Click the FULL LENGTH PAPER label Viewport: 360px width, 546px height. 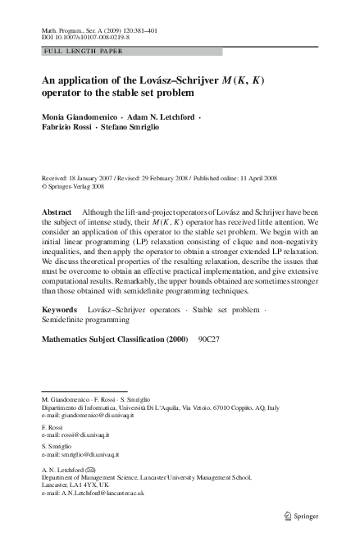click(x=76, y=52)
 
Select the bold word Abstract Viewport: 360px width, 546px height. click(x=58, y=212)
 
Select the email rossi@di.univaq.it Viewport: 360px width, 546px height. click(x=82, y=435)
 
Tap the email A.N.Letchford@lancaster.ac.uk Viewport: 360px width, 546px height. click(x=101, y=494)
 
